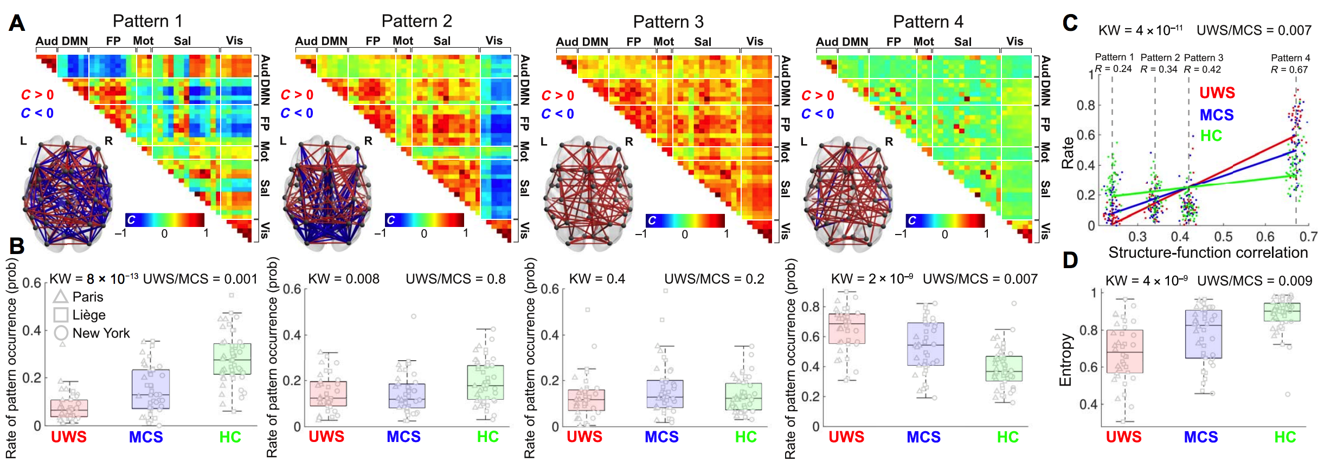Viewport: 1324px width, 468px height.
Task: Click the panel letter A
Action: pyautogui.click(x=16, y=23)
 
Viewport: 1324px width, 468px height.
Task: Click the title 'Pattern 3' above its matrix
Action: pyautogui.click(x=668, y=22)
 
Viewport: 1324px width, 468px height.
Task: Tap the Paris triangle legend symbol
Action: pyautogui.click(x=60, y=297)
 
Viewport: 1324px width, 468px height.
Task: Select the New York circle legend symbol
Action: pyautogui.click(x=61, y=333)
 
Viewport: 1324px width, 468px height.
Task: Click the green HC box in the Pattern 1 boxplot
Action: pyautogui.click(x=232, y=359)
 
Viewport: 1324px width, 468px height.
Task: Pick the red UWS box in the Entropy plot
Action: pyautogui.click(x=1124, y=351)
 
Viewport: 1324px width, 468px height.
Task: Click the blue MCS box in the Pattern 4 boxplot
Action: pyautogui.click(x=925, y=344)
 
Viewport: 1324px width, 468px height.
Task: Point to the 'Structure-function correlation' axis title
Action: pyautogui.click(x=1208, y=252)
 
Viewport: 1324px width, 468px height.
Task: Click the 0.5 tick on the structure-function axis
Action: pyautogui.click(x=1223, y=237)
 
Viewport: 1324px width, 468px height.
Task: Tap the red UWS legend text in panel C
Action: pyautogui.click(x=1217, y=93)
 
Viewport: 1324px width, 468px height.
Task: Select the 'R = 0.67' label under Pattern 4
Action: pyautogui.click(x=1289, y=69)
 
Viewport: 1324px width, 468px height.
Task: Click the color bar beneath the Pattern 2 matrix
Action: pyautogui.click(x=424, y=220)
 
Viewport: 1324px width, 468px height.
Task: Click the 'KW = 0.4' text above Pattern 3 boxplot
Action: pyautogui.click(x=597, y=279)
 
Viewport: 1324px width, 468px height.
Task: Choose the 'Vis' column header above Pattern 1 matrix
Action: pyautogui.click(x=234, y=41)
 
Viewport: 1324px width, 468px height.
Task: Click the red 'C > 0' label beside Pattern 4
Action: pyautogui.click(x=818, y=95)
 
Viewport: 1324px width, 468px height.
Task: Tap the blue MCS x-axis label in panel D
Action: pyautogui.click(x=1200, y=437)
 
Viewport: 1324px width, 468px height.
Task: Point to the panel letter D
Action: pyautogui.click(x=1070, y=261)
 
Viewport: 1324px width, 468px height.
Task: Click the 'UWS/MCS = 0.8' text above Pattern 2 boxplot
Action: pyautogui.click(x=455, y=279)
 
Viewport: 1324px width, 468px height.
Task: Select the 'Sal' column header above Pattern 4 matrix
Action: pyautogui.click(x=962, y=42)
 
